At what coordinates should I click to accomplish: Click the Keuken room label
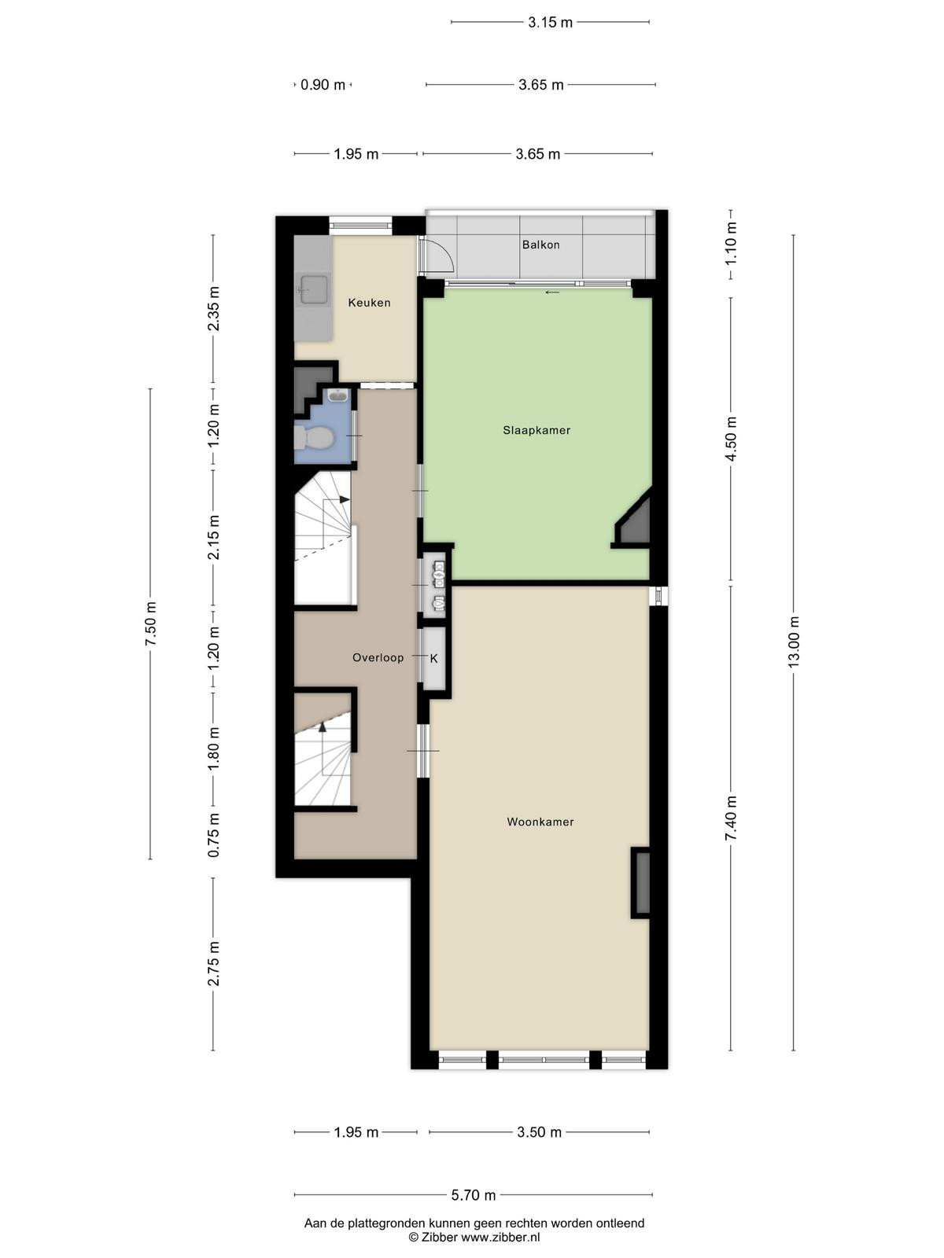369,303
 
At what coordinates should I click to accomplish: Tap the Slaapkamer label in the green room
537,430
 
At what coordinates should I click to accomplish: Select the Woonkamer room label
540,822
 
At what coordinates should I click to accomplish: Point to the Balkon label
540,245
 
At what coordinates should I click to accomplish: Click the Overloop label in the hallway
378,657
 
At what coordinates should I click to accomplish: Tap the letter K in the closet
434,659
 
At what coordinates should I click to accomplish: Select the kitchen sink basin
313,289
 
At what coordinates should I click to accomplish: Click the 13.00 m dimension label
793,642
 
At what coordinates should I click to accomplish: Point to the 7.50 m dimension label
150,624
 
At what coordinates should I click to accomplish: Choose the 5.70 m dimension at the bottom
473,1195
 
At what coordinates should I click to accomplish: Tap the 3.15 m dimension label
550,22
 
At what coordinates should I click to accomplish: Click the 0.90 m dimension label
323,85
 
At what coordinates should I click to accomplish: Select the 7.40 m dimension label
731,818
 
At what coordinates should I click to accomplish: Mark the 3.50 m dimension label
539,1132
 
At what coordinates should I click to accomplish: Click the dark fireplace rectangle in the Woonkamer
642,883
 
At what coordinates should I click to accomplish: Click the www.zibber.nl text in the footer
500,1238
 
